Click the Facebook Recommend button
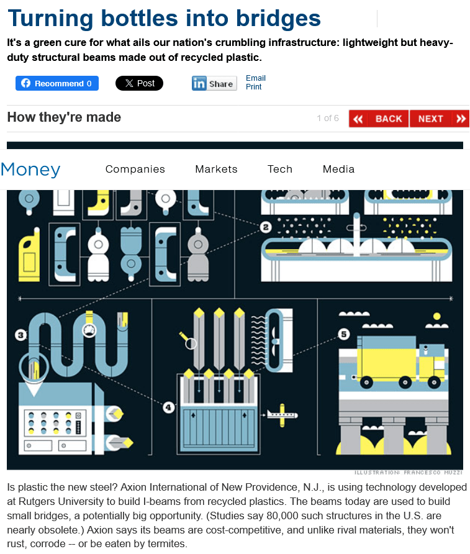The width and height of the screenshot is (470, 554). click(x=57, y=83)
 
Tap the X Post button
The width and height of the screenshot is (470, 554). click(x=139, y=83)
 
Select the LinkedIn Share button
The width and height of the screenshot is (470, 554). click(x=214, y=83)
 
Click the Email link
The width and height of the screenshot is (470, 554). click(x=256, y=78)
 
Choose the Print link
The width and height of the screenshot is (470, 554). click(x=253, y=87)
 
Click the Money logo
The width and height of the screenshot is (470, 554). click(x=30, y=170)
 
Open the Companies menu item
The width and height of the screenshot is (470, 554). click(x=135, y=169)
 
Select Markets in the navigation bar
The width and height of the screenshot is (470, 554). click(x=216, y=169)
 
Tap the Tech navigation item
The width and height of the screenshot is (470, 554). click(x=279, y=169)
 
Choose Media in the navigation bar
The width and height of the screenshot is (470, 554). click(x=338, y=169)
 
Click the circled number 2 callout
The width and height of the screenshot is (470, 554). click(x=266, y=227)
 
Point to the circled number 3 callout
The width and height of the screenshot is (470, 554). click(x=21, y=335)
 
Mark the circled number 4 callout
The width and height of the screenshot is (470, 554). click(x=168, y=407)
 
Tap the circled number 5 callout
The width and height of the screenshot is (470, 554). click(x=344, y=334)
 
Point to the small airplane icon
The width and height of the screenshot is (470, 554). click(x=282, y=415)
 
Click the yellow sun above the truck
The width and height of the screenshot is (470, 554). click(x=437, y=316)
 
